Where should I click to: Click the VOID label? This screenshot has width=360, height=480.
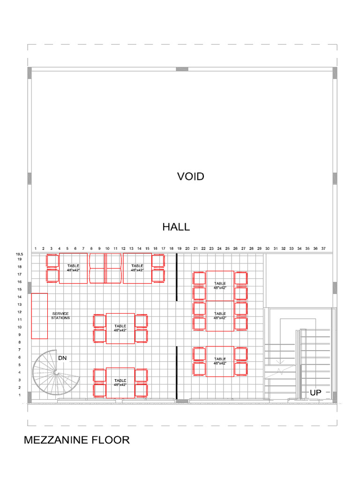point(190,177)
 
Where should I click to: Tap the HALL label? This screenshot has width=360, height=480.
point(176,227)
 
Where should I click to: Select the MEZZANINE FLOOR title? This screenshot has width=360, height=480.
point(76,440)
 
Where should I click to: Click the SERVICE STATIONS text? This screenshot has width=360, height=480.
point(60,315)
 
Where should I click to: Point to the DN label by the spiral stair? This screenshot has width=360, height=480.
point(62,358)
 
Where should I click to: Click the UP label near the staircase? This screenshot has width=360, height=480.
point(315,392)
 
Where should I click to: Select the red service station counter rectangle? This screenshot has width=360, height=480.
point(39,315)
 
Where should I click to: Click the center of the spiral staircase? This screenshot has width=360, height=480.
point(55,372)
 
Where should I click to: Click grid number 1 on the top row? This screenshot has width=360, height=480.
point(36,248)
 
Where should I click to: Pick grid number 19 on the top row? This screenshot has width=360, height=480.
point(179,248)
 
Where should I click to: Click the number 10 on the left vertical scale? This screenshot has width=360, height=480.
point(19,327)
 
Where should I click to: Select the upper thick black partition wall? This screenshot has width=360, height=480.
point(177,277)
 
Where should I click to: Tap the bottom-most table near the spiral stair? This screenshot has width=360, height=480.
point(120,383)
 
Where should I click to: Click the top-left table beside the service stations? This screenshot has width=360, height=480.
point(73,268)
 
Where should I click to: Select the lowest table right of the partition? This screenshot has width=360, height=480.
point(220,361)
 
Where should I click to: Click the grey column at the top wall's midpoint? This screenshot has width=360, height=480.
point(182,69)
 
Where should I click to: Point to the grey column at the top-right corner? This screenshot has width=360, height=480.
point(335,73)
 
